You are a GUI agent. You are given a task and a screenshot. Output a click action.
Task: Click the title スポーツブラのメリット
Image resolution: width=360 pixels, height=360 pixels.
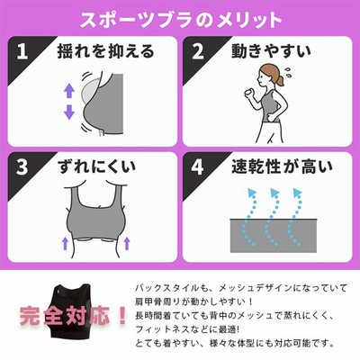tap(181, 20)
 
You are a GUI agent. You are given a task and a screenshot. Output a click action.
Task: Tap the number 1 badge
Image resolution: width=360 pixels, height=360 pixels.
tap(22, 52)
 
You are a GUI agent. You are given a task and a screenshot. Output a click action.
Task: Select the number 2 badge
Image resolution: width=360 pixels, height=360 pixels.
tap(197, 52)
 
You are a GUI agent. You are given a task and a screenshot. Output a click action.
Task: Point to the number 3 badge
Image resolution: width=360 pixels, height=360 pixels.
tap(22, 167)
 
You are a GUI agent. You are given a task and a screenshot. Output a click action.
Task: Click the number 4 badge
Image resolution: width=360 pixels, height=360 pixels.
tap(197, 167)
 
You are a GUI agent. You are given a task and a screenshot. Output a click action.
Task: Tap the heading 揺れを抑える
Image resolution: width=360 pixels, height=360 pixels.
tap(105, 51)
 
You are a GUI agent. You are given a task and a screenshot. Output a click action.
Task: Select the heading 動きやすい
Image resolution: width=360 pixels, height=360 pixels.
tap(271, 51)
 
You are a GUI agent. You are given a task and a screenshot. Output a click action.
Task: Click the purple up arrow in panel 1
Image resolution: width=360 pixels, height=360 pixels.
tap(69, 90)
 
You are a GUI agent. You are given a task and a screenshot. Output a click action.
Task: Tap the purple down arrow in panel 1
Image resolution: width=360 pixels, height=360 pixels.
tap(69, 112)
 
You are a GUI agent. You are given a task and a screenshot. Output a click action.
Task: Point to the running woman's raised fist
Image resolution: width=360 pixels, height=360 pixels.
tap(248, 94)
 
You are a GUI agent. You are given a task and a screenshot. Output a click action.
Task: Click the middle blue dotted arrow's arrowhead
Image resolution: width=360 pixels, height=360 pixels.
tap(274, 193)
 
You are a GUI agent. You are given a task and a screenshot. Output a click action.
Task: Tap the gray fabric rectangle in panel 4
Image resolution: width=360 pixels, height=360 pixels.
tap(274, 236)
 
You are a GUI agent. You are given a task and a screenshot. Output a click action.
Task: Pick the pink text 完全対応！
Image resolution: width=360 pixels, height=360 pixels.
tap(74, 315)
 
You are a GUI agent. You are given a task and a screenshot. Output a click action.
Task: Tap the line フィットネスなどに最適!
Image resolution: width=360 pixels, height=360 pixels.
tap(188, 329)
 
